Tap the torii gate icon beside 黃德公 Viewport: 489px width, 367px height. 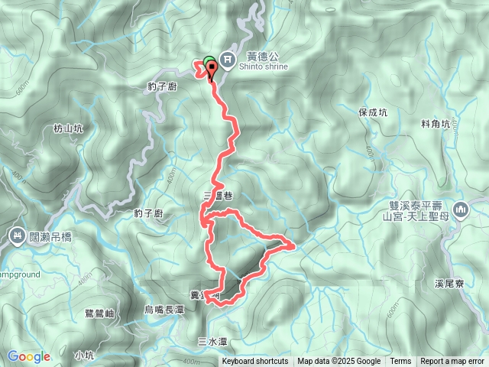[228, 59]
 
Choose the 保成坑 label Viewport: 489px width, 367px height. [373, 112]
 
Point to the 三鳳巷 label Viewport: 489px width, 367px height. [218, 196]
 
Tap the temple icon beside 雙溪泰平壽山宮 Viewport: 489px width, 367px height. [460, 209]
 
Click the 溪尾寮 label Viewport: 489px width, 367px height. [450, 283]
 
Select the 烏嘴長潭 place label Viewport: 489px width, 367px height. [164, 309]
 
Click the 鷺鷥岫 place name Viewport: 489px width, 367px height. [100, 313]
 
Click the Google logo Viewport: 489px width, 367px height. [28, 356]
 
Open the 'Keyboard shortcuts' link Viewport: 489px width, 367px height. [255, 362]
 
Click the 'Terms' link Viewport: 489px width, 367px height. [400, 362]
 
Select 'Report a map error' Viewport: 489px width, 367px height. [452, 362]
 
